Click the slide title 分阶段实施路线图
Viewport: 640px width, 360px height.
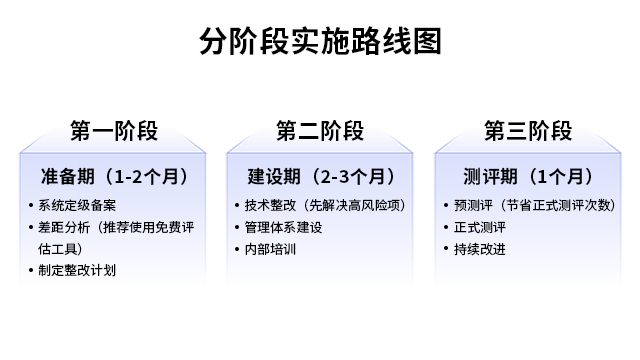coord(320,42)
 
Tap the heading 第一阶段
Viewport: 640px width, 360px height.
coord(113,131)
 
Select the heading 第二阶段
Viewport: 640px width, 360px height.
coord(320,131)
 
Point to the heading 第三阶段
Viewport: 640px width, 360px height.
coord(527,131)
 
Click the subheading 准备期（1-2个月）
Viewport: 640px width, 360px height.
coord(114,177)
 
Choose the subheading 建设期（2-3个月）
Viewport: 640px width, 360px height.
coord(320,177)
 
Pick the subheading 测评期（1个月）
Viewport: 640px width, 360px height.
coord(528,177)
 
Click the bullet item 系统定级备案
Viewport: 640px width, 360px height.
coord(74,206)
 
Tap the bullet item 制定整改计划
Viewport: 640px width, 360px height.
coord(74,270)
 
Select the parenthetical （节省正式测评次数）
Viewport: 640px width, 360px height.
coord(553,206)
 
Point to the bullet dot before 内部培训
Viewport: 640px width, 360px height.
coord(237,249)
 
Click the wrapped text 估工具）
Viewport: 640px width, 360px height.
coord(60,249)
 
